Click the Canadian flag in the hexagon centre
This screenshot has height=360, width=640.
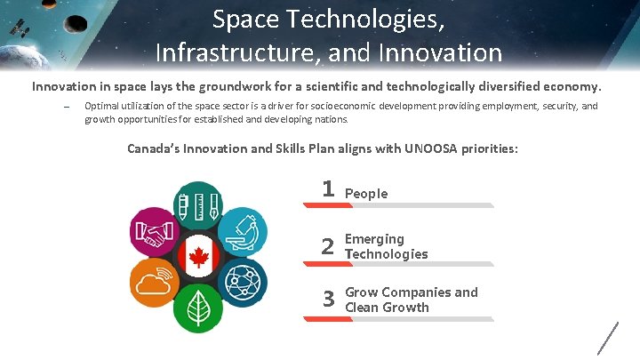(197, 257)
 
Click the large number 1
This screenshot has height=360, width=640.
(328, 189)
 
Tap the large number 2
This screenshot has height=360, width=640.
(328, 247)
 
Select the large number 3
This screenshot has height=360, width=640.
(328, 300)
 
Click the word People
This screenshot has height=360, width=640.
(366, 194)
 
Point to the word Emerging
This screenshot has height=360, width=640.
(374, 239)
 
